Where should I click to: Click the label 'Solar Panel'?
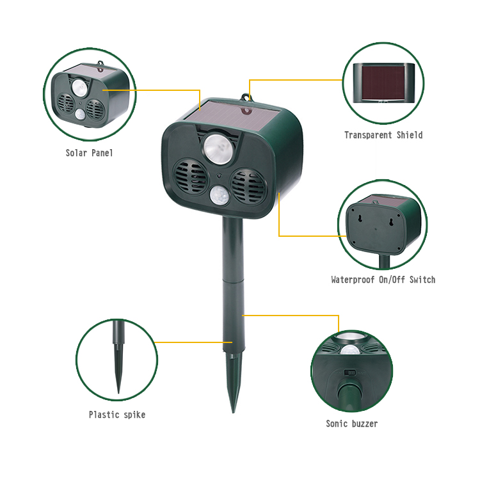[90, 153]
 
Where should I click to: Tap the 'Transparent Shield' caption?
[383, 135]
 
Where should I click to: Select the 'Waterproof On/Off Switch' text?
[383, 280]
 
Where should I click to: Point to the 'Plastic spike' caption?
[117, 415]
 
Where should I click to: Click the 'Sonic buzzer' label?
[352, 424]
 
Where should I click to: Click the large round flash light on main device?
[218, 148]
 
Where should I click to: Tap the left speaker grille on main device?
[191, 177]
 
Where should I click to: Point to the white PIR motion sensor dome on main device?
[220, 195]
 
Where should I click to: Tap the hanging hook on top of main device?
[246, 97]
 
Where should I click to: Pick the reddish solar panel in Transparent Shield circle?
[383, 83]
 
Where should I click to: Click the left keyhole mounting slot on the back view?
[360, 218]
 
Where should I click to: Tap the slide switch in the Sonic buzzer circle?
[349, 372]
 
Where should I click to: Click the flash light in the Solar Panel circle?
[79, 88]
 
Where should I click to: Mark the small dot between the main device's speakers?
[220, 176]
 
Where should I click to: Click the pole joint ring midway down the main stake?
[233, 279]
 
